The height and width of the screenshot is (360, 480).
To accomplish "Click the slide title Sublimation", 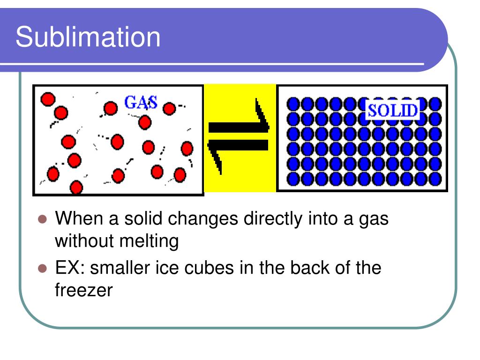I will (88, 37).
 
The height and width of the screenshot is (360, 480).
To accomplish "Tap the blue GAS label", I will (141, 103).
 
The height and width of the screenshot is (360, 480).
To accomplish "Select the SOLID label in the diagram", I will (393, 110).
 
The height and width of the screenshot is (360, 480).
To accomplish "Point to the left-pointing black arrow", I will (238, 149).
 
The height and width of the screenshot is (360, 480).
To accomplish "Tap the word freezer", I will (83, 291).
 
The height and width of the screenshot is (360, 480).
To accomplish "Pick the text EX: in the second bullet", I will (70, 268).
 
